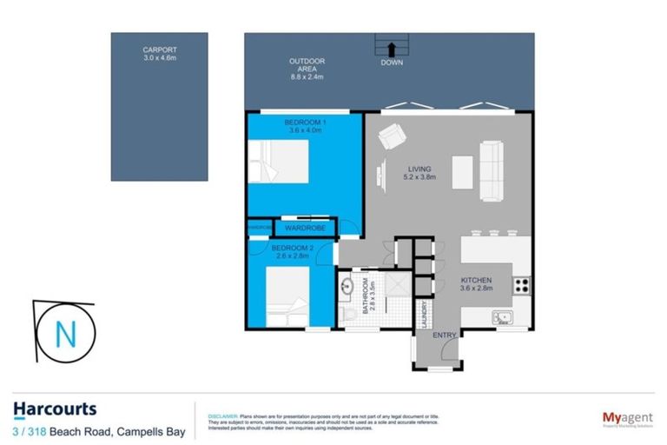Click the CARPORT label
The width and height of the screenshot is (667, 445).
tap(159, 55)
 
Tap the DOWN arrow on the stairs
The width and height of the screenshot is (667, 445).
tap(390, 49)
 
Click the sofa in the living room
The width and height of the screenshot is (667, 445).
tap(492, 169)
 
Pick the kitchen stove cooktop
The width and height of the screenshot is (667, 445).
tap(523, 283)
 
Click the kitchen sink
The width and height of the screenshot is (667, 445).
tap(501, 317)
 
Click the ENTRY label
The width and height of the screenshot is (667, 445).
tap(445, 335)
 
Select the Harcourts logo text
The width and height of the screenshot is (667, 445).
tap(55, 409)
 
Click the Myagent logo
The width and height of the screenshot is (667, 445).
tap(626, 419)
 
